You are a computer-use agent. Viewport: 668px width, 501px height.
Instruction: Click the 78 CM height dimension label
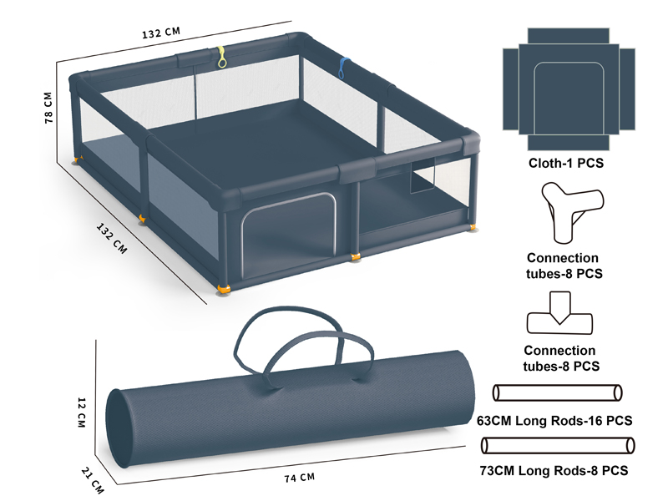(48, 109)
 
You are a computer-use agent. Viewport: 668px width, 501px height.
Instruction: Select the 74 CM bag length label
(300, 478)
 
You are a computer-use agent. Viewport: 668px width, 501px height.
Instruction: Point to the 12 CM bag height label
(81, 412)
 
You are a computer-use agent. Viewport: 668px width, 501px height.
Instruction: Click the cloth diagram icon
(569, 89)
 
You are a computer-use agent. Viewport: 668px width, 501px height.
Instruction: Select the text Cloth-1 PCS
(566, 163)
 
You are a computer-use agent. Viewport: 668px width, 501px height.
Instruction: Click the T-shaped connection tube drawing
(559, 313)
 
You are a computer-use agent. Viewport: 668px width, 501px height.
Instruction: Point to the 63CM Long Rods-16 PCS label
(554, 421)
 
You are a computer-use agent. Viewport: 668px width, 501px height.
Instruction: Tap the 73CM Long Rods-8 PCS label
(554, 471)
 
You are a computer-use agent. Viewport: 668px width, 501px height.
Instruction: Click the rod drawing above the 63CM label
(557, 392)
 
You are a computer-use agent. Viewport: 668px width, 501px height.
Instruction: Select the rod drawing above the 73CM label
(558, 446)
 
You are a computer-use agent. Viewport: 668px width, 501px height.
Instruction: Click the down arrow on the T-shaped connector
(559, 308)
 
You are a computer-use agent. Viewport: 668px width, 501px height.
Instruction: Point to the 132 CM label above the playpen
(161, 33)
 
